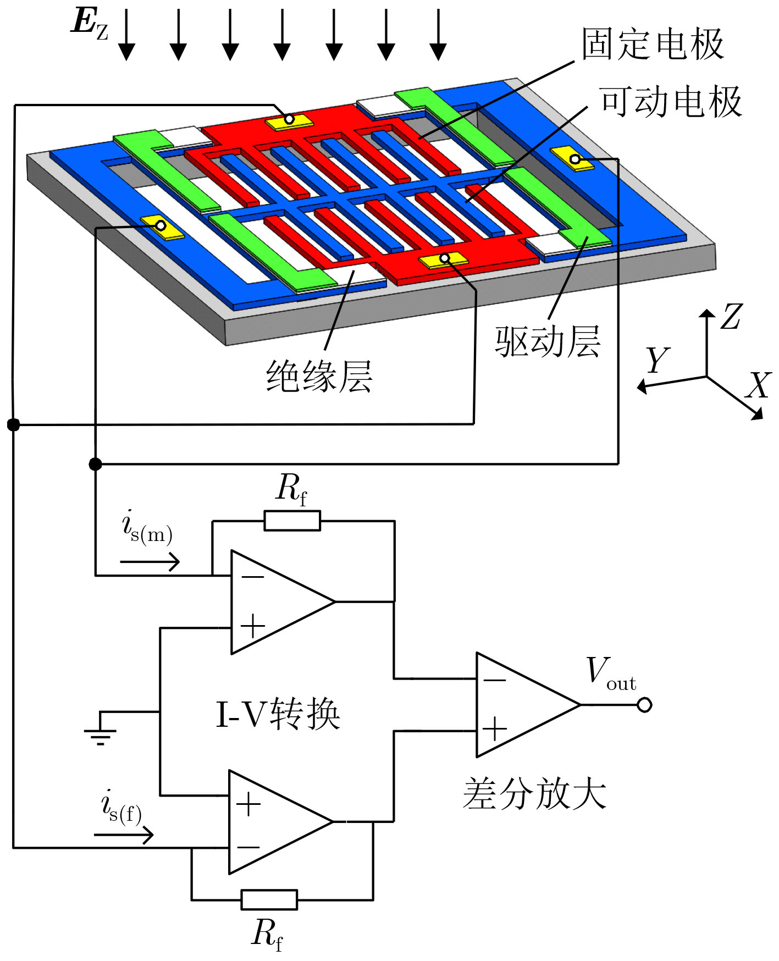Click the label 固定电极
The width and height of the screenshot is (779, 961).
click(653, 44)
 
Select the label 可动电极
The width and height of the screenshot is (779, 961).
click(671, 102)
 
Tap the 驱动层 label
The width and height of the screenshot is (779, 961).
click(548, 342)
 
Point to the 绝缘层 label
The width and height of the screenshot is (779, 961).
click(319, 377)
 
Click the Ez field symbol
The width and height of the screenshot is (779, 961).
click(90, 25)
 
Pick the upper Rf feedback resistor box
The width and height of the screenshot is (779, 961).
click(292, 521)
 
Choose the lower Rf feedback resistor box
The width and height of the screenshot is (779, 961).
click(269, 900)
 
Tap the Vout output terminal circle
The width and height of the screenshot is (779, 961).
click(644, 705)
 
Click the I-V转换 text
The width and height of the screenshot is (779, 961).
click(278, 714)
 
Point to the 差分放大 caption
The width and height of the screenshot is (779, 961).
click(535, 793)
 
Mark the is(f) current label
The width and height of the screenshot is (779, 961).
click(122, 807)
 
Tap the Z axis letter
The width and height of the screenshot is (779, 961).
click(732, 316)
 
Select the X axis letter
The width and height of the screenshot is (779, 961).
click(759, 385)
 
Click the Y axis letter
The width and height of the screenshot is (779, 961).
click(658, 360)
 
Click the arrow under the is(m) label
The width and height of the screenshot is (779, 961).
click(150, 562)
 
